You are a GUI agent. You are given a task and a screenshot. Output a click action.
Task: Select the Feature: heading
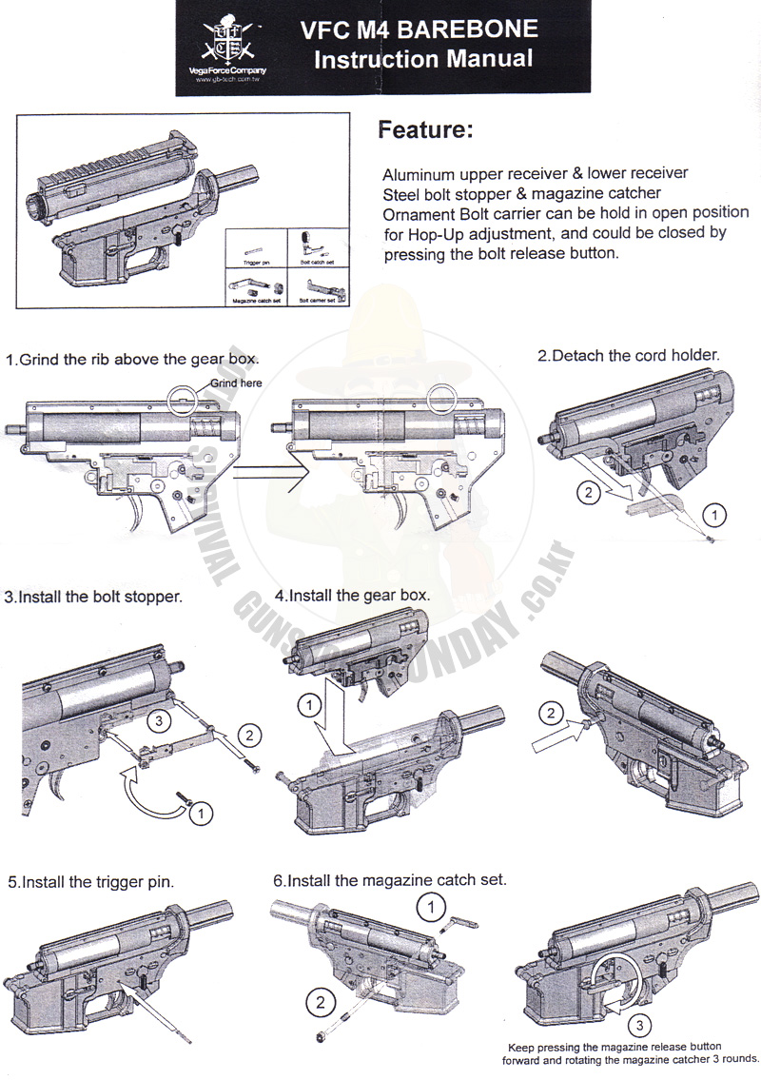click(425, 130)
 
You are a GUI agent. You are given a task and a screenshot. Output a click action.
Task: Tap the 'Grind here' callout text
click(236, 383)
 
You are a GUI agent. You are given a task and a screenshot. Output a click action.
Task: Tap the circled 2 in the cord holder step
click(591, 493)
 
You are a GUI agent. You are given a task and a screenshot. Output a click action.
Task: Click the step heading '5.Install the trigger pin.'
click(90, 882)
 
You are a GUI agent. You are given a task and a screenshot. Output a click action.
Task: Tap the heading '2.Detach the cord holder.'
click(628, 355)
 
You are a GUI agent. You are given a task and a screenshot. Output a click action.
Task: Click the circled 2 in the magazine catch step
click(319, 1000)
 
